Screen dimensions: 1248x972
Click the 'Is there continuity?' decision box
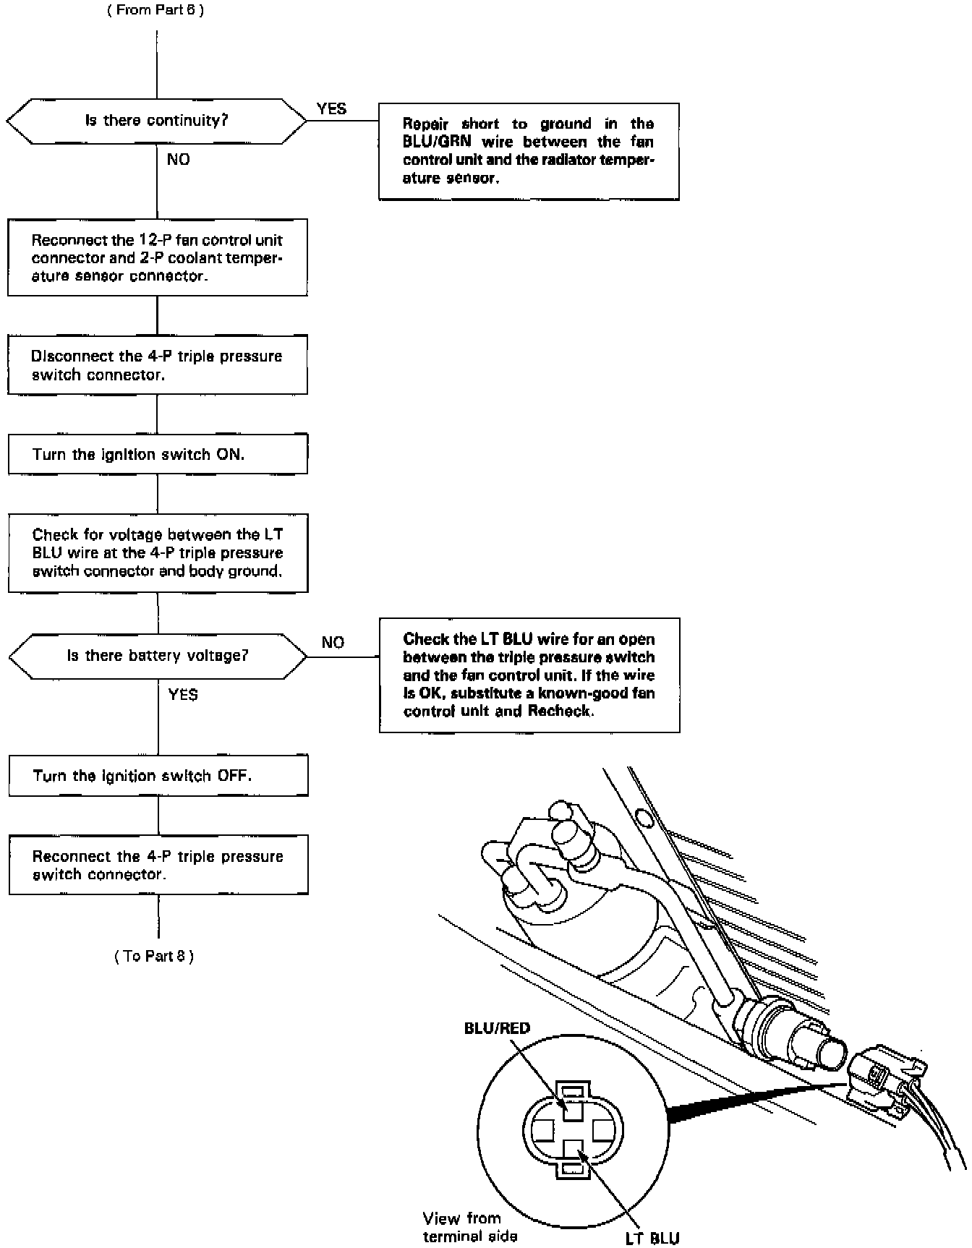156,121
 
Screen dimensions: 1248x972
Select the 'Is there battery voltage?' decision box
158,656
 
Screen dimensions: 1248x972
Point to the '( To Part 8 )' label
154,956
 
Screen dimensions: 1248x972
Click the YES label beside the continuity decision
331,109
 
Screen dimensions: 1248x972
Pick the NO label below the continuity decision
178,160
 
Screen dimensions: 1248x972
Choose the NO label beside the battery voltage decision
333,643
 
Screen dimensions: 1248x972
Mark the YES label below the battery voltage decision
183,695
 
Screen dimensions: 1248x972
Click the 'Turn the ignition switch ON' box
158,454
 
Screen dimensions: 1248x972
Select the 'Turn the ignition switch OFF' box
158,776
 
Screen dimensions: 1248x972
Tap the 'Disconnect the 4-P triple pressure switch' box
158,365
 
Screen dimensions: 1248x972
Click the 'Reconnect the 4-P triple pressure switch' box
158,865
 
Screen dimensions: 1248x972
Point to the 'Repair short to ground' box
529,150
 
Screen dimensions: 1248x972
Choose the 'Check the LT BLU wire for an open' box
529,675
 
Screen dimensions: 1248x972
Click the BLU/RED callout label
497,1028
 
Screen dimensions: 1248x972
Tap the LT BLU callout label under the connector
652,1239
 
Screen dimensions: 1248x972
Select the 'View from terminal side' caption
469,1227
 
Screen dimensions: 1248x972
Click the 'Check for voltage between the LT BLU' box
158,553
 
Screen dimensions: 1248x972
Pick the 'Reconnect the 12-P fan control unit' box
157,258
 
